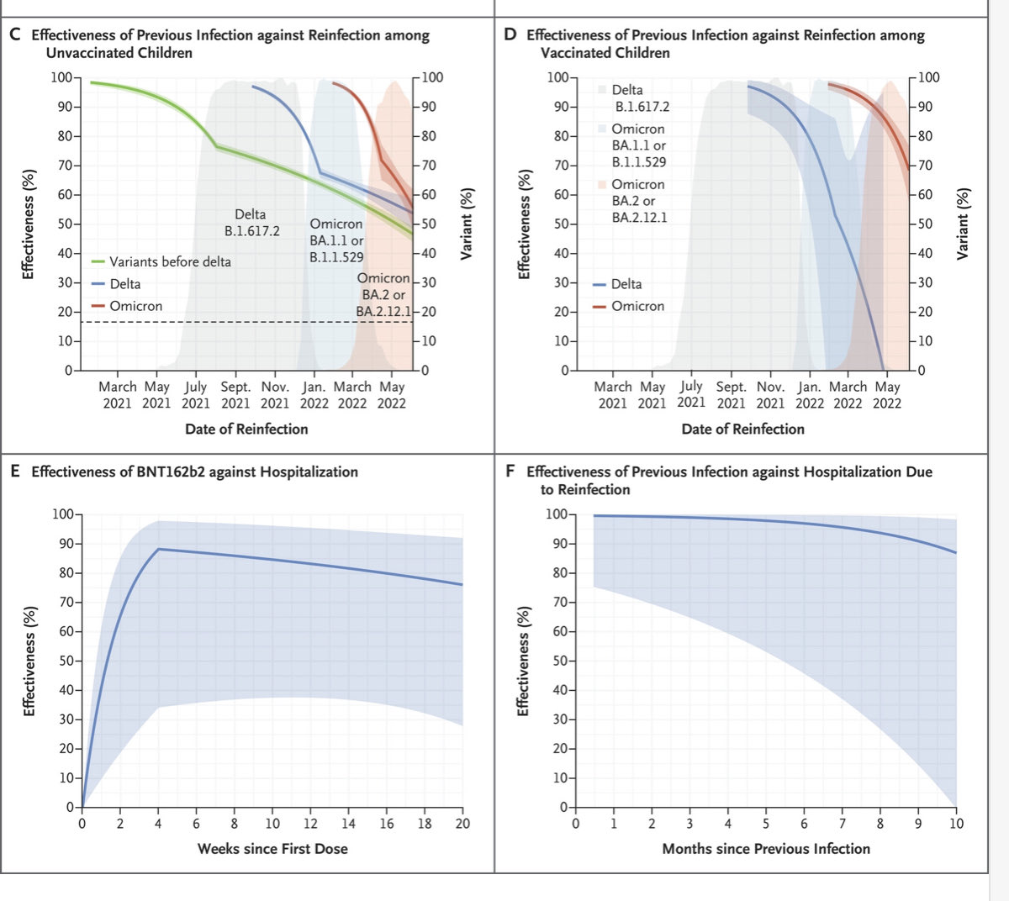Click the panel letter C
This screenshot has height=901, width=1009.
tap(15, 35)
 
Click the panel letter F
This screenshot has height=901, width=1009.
tap(510, 472)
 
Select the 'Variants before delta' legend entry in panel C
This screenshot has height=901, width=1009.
tap(169, 261)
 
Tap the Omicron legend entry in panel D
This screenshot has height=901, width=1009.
tap(637, 306)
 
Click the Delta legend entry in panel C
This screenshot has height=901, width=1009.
tap(124, 284)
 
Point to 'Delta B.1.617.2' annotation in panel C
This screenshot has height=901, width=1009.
tap(251, 223)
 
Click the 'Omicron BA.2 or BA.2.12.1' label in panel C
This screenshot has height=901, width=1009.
tap(383, 295)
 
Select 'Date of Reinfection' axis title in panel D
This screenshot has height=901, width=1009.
tap(742, 429)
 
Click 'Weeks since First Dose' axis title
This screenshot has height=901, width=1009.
tap(272, 849)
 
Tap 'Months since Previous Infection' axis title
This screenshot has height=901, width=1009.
tap(766, 849)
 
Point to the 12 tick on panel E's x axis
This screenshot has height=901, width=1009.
tap(310, 824)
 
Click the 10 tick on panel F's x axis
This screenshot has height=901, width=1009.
tap(956, 824)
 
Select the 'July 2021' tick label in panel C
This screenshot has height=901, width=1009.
tap(196, 395)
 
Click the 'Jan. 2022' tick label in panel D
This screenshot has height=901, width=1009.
tap(810, 395)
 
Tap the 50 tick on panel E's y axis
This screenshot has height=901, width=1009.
tap(65, 661)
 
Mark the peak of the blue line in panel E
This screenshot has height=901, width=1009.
tap(158, 549)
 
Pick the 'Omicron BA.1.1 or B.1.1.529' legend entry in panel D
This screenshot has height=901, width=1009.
tap(638, 145)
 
